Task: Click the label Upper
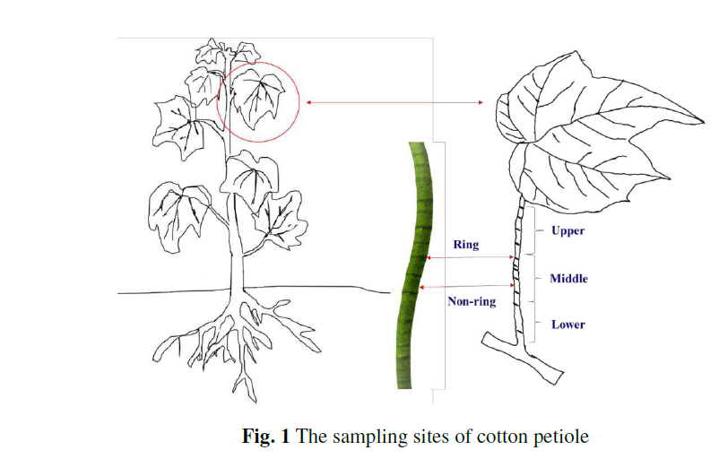(x=567, y=231)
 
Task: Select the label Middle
(x=568, y=279)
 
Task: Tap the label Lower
(x=567, y=325)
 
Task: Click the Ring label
(x=466, y=244)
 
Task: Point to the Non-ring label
(x=472, y=302)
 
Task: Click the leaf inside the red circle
(x=258, y=97)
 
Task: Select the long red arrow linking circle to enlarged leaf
(x=394, y=103)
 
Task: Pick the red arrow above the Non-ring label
(x=472, y=287)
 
